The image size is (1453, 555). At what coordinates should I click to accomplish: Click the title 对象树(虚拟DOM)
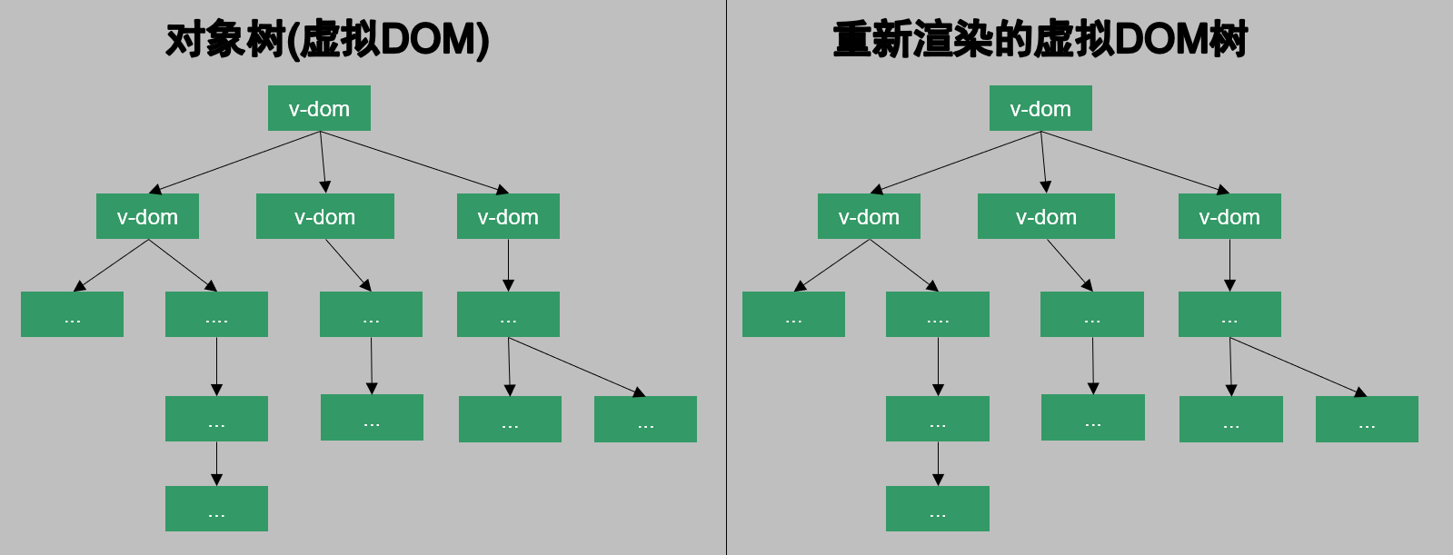click(327, 40)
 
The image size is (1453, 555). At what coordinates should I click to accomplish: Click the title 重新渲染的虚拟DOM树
click(1040, 40)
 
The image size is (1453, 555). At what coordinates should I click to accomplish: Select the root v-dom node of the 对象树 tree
click(319, 108)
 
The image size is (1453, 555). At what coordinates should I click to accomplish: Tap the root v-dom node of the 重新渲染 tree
click(1040, 108)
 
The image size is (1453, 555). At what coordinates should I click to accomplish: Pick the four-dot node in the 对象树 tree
click(216, 314)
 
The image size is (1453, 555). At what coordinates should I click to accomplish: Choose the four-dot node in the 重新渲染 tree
click(938, 314)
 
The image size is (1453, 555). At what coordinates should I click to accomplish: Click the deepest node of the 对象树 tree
click(216, 509)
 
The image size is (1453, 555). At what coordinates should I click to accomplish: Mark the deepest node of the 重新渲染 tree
click(938, 509)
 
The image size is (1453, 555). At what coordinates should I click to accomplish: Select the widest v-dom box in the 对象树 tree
click(324, 216)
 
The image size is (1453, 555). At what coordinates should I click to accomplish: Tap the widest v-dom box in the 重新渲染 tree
click(1046, 216)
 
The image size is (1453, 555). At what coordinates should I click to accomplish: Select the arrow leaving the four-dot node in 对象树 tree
click(216, 366)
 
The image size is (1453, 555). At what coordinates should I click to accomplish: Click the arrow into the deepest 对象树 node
click(216, 463)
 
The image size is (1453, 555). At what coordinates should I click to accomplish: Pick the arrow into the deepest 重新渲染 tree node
click(938, 463)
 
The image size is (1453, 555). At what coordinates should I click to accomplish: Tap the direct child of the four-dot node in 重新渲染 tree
click(938, 419)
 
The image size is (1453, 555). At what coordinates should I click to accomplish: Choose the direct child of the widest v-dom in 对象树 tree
click(371, 314)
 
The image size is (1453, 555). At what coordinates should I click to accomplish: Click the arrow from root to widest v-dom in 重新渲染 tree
click(1044, 162)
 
